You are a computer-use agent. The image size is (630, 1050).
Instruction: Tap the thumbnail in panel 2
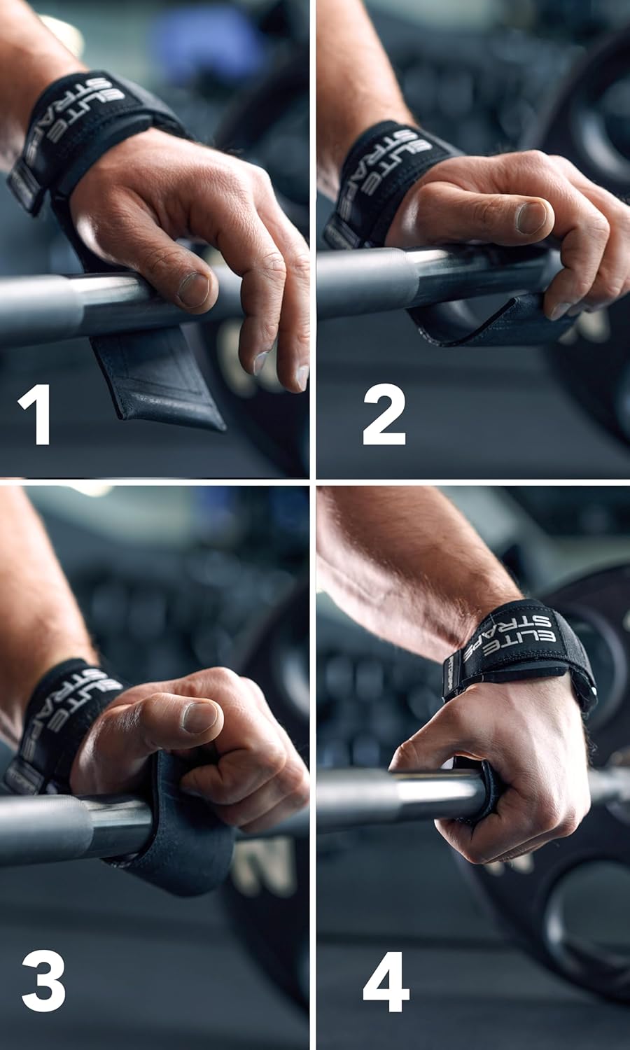pyautogui.click(x=532, y=217)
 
